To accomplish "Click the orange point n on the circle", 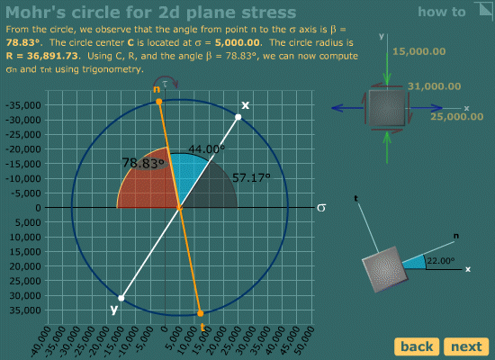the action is point(159,102).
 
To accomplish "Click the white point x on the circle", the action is point(238,117).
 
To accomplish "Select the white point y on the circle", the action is point(121,298).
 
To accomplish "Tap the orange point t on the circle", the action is point(200,313).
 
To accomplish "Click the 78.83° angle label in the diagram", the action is point(143,163).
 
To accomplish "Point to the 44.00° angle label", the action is point(207,148).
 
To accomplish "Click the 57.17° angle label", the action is point(251,178).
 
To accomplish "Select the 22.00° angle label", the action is point(441,261).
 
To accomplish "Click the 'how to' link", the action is point(442,12).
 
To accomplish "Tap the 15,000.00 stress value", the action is point(418,51).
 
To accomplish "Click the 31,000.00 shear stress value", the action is point(434,86).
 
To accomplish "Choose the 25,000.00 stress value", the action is point(457,116).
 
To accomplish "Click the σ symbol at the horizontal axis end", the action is point(321,208).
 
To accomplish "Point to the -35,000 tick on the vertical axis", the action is point(23,105).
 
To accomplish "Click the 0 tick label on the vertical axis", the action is point(38,208).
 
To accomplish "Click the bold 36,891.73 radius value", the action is point(52,56).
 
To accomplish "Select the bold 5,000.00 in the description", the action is point(237,42).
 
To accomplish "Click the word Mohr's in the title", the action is point(36,13).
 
